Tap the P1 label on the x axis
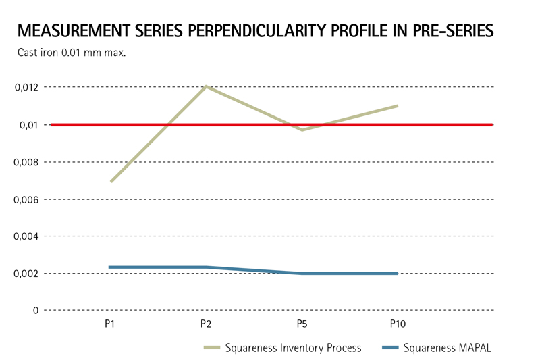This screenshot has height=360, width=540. [109, 324]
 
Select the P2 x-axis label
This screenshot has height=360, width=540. [206, 324]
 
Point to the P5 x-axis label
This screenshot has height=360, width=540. [302, 324]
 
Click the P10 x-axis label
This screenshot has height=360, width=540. [398, 324]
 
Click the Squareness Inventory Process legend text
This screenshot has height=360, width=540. [293, 349]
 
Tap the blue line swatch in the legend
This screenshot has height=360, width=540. [389, 349]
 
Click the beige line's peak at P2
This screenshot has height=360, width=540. [206, 86]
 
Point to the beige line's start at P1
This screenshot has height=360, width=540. [110, 182]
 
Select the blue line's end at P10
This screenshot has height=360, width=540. [398, 274]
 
